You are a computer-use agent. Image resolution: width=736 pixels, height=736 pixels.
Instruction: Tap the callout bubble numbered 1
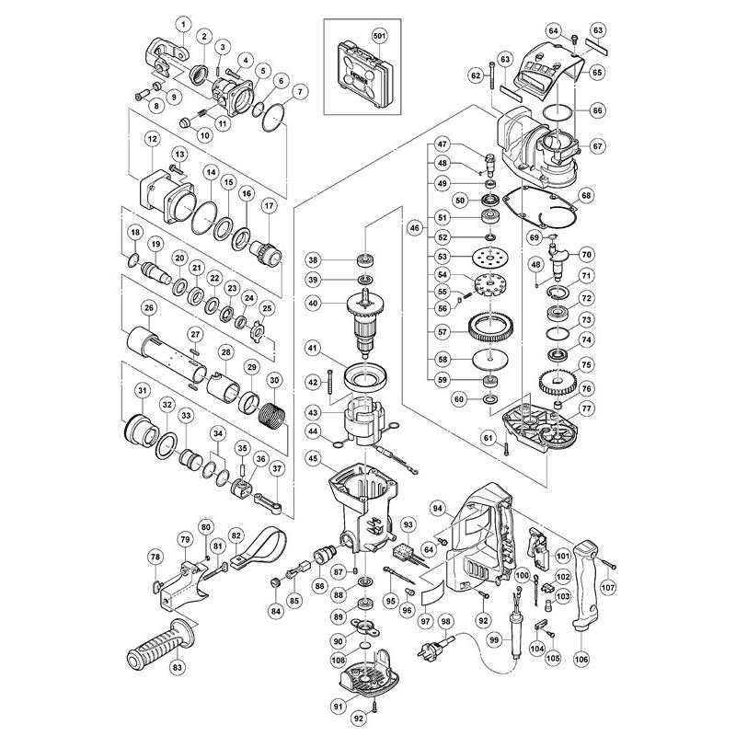coord(182,22)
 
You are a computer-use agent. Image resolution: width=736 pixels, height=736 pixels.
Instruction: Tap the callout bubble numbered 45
coord(314,459)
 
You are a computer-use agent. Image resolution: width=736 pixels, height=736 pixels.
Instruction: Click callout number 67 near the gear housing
coord(596,146)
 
